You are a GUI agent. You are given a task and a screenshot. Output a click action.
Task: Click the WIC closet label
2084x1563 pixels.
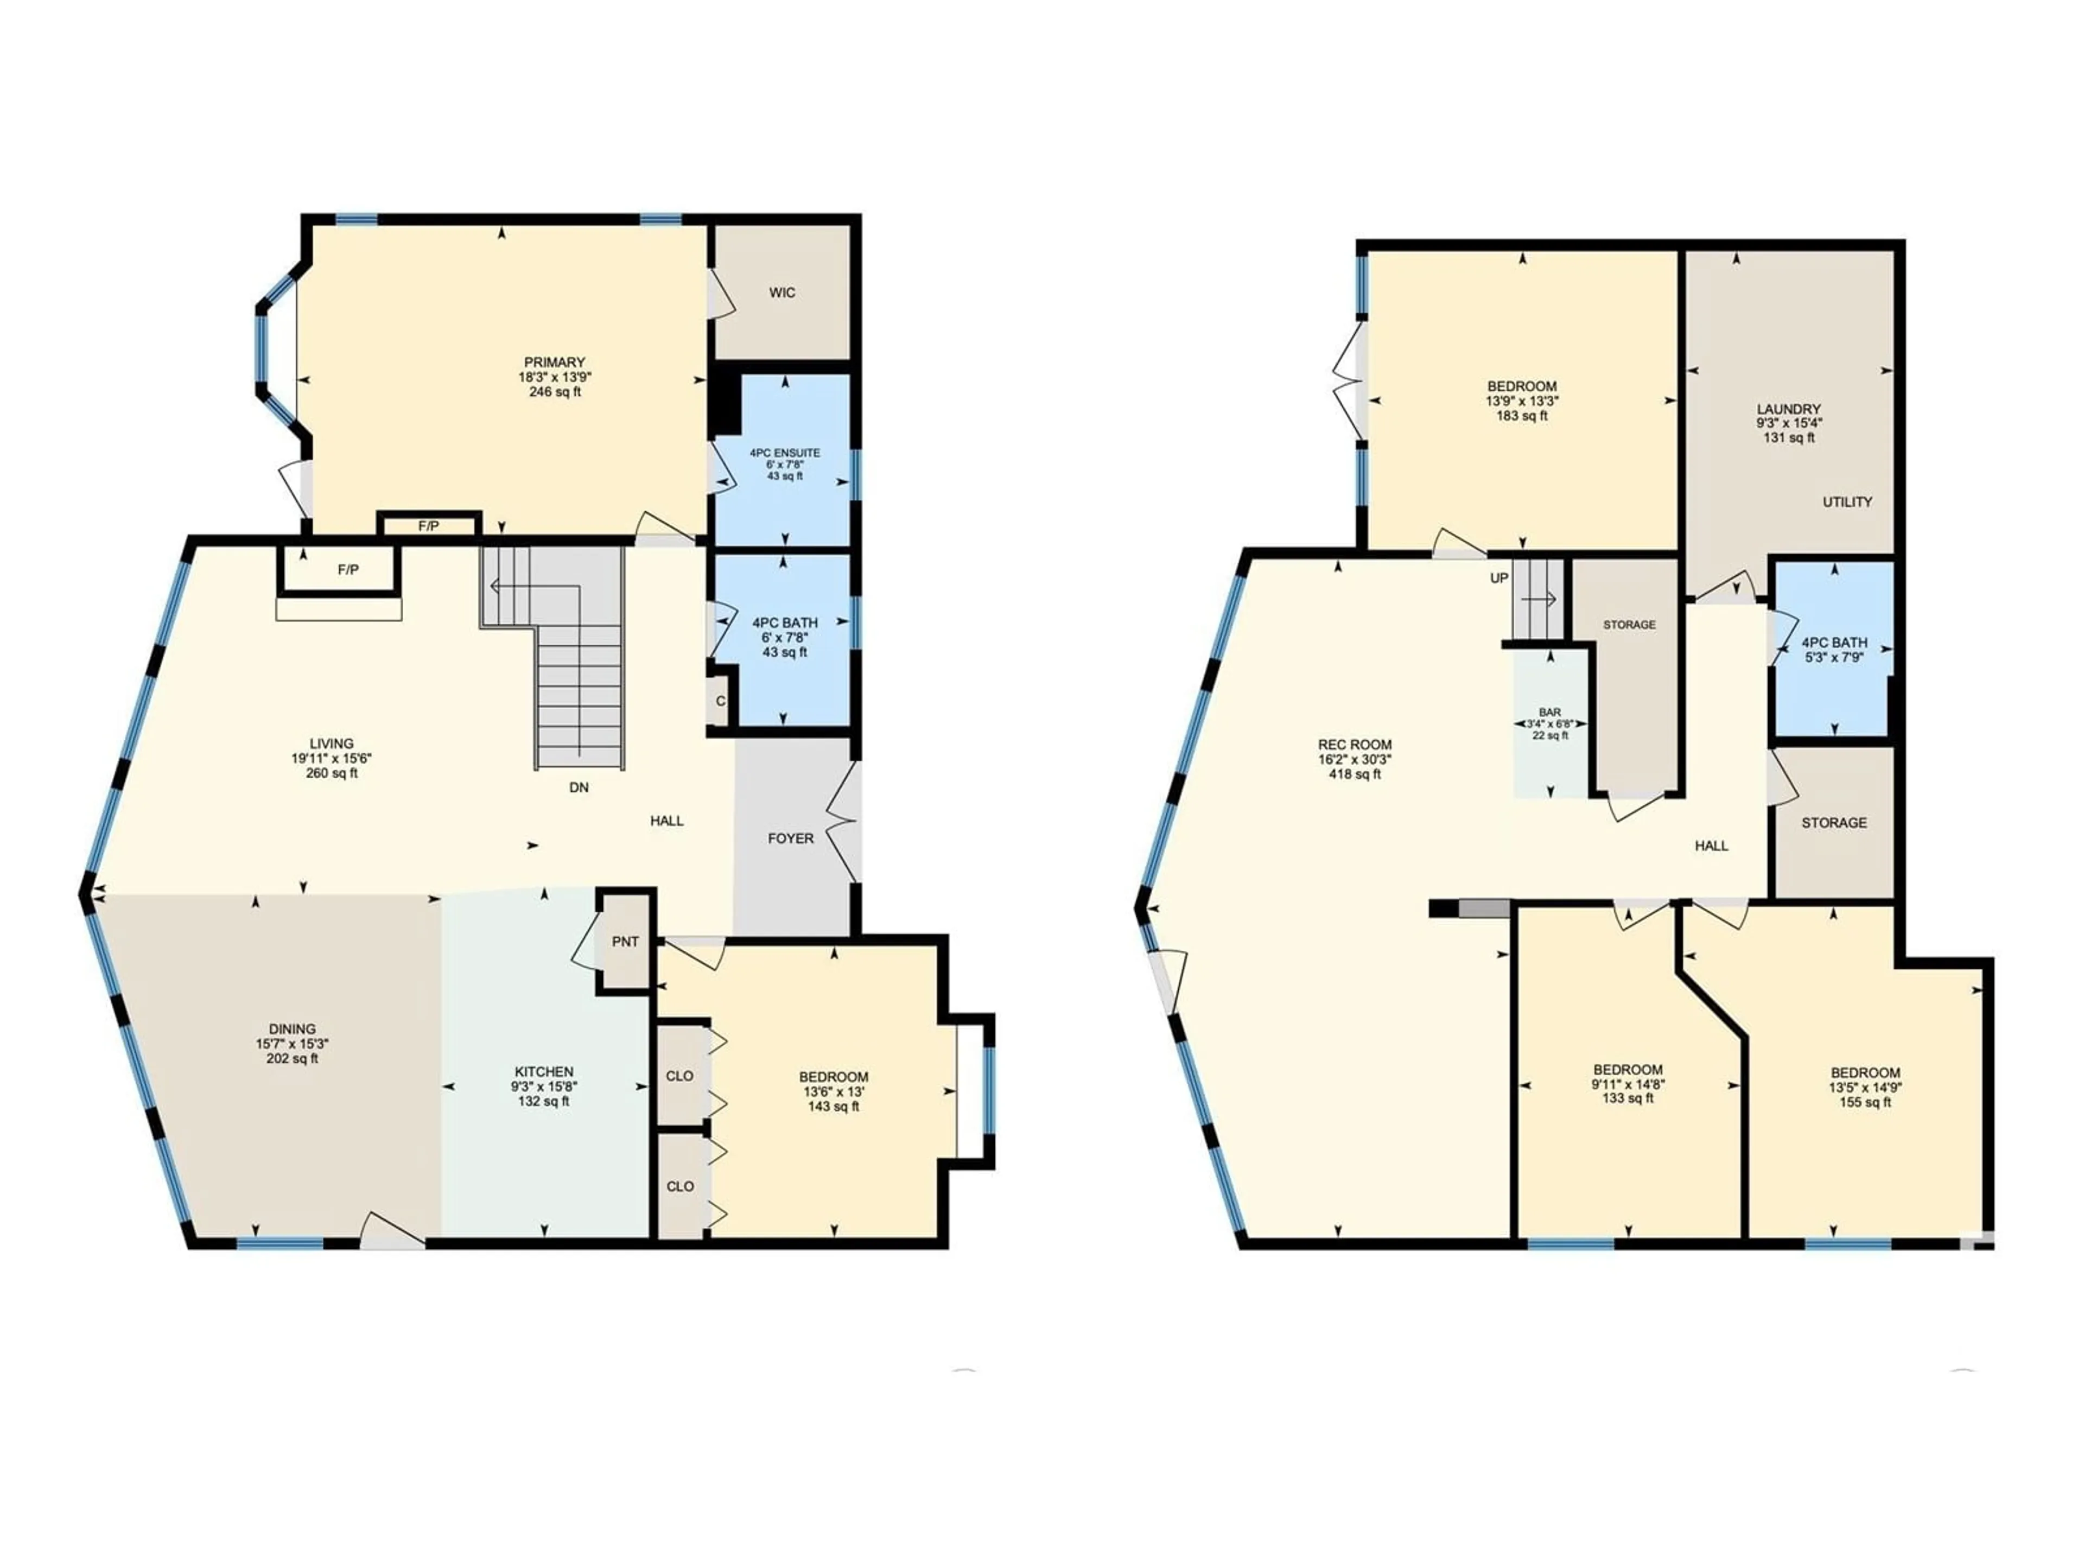782,293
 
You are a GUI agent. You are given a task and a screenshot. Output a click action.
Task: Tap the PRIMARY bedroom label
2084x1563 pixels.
555,363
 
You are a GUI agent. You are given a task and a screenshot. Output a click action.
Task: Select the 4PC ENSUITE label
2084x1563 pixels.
785,453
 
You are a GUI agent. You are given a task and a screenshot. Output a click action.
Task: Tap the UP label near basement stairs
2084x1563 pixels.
1499,579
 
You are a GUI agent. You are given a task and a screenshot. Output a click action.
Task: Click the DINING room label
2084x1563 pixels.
292,1030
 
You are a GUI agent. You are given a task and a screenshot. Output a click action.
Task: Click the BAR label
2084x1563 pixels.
1550,712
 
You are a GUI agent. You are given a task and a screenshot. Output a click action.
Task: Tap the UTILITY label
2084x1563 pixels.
1847,502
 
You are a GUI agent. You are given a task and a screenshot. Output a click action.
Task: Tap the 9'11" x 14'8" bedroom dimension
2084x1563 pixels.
1628,1084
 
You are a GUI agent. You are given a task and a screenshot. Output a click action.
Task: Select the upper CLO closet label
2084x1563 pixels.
680,1076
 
